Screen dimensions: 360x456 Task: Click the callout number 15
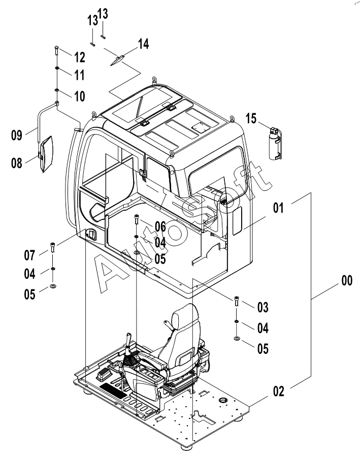pos(251,118)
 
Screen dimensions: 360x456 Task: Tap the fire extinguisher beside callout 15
pos(275,143)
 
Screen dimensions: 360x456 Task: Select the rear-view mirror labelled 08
pos(45,154)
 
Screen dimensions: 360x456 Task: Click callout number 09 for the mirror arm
pos(17,135)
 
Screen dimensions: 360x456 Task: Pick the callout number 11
pos(79,75)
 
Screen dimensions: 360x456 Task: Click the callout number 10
pos(80,96)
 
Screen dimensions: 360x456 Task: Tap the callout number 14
pos(143,44)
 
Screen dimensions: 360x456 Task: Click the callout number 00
pos(347,281)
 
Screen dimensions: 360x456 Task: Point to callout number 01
pos(278,208)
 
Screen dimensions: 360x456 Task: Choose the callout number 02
pos(279,392)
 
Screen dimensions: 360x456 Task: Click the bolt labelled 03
pos(237,301)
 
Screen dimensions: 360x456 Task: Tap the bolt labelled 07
pos(53,247)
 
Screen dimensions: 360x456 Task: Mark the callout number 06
pos(160,226)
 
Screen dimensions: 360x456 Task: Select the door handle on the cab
pos(90,234)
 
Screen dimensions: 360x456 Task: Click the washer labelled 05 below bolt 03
pos(237,338)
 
